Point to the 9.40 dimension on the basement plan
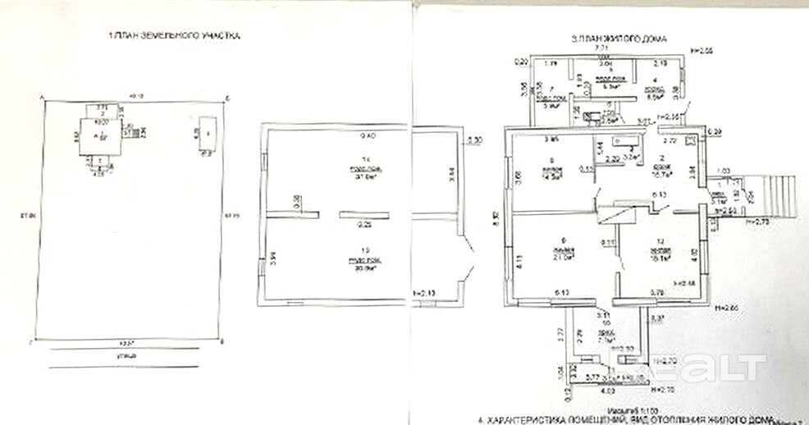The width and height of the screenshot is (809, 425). pos(344,135)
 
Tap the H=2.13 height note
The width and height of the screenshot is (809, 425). pos(425,292)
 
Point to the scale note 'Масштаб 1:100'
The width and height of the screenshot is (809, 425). pos(621,409)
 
